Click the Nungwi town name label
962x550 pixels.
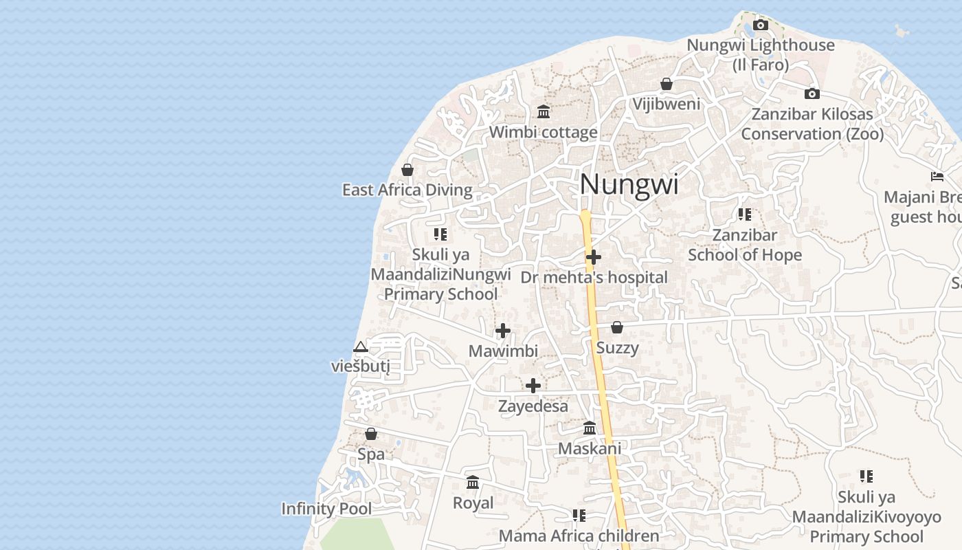coord(629,184)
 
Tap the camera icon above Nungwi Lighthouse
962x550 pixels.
coord(761,25)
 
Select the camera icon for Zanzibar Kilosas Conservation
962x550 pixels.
coord(812,93)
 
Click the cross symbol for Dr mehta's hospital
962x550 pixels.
coord(594,257)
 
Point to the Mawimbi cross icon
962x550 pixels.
coord(503,331)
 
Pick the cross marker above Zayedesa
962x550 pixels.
coord(533,386)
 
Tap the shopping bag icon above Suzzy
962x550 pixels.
coord(617,327)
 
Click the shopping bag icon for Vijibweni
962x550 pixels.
coord(666,84)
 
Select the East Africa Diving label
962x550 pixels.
coord(407,190)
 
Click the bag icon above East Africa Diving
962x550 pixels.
coord(407,169)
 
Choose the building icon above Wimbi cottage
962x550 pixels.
coord(544,111)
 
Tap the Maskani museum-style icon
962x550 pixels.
coord(590,428)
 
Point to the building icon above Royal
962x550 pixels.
coord(473,483)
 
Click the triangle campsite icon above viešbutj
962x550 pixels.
coord(361,346)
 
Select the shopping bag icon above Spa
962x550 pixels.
coord(371,434)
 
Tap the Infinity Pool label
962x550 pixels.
coord(326,509)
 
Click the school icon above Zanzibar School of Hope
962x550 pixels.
coord(745,214)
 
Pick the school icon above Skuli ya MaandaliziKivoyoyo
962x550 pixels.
coord(866,476)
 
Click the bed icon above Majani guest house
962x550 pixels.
coord(937,177)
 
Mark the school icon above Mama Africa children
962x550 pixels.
coord(579,515)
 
